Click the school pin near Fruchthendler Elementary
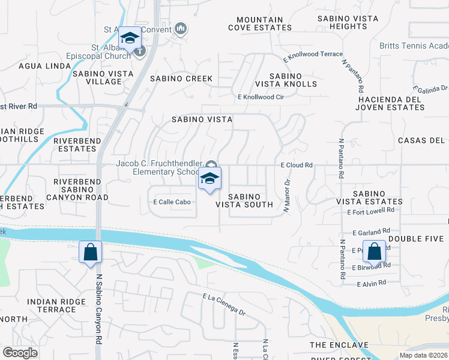209,178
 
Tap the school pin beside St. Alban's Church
129,38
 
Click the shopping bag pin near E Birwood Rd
374,252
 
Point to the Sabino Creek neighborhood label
181,79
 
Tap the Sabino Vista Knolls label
285,80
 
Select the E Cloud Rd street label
297,165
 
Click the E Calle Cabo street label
172,202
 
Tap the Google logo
20,352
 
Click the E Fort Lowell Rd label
370,211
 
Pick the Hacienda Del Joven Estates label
390,103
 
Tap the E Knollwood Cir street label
261,97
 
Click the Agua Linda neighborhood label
44,66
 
